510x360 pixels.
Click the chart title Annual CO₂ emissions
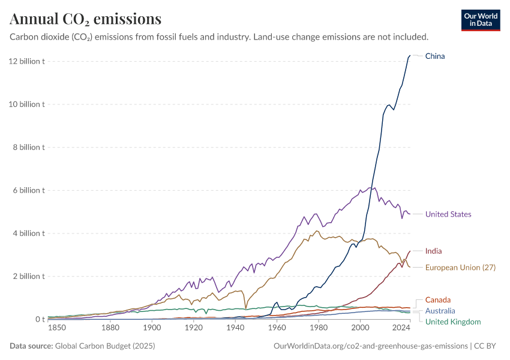point(85,19)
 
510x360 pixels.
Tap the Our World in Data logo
point(480,20)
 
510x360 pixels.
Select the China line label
point(435,56)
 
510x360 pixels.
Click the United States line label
point(448,214)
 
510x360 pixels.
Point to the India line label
point(433,251)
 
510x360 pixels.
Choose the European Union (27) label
point(460,267)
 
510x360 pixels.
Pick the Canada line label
point(437,299)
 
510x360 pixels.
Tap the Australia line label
point(440,311)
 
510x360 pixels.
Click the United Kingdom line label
point(453,322)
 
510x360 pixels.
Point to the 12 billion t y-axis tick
point(26,61)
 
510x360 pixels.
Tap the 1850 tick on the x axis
point(57,328)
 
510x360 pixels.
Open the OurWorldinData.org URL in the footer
point(370,346)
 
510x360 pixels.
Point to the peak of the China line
point(410,55)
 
